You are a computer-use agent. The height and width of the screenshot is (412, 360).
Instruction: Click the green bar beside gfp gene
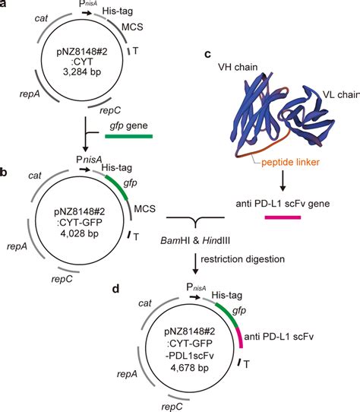tap(128, 138)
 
